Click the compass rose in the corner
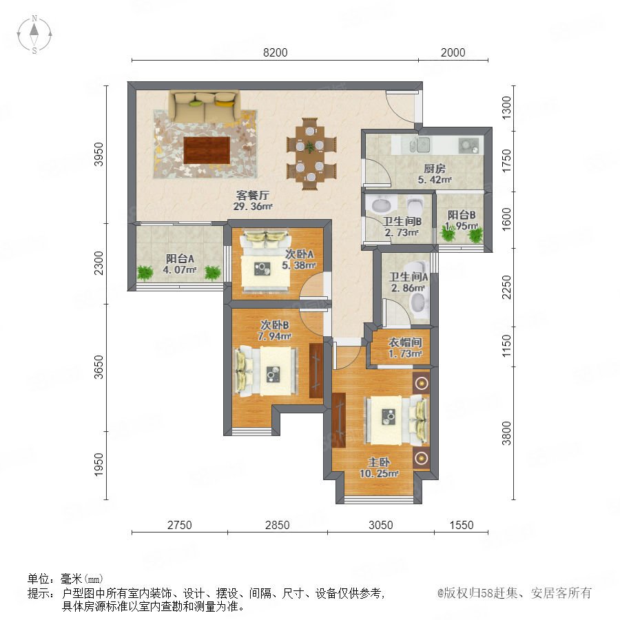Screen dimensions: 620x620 [34, 34]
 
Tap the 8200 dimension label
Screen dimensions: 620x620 [275, 52]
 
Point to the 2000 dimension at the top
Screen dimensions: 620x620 [453, 52]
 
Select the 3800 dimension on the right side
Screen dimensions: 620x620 [506, 433]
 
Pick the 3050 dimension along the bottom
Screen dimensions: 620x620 [381, 525]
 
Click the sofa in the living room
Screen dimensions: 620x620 [205, 106]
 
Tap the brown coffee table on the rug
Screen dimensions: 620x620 [207, 150]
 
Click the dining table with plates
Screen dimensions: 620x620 [311, 154]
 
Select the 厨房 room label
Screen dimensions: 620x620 [435, 169]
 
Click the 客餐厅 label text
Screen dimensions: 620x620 [253, 195]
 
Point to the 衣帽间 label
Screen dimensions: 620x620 [405, 342]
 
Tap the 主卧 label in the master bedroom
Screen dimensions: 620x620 [379, 462]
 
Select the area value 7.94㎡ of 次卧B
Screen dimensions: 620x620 [274, 336]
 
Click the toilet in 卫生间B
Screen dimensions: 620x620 [415, 206]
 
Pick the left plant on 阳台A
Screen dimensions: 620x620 [145, 273]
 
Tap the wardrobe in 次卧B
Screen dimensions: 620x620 [316, 371]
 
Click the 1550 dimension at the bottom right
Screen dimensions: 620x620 [462, 525]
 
